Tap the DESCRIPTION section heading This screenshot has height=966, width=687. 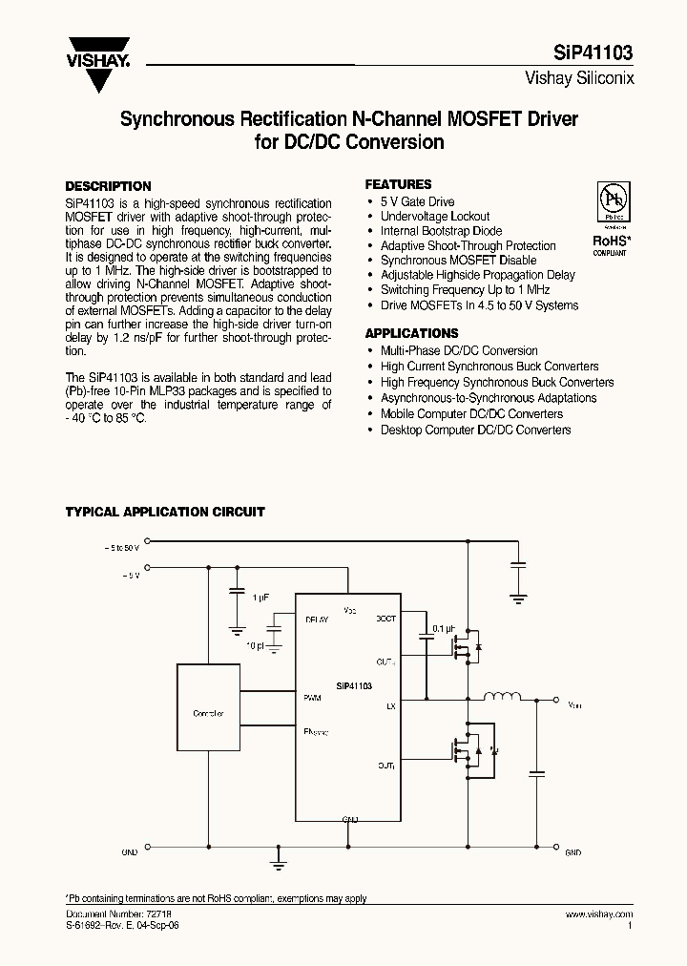108,186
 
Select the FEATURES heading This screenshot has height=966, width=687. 398,184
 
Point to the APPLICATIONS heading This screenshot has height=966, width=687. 411,333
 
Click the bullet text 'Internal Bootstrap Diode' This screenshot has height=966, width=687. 441,231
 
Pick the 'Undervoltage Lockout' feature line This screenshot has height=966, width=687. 435,217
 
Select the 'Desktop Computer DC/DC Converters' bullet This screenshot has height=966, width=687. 475,430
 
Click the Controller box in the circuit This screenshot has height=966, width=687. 209,712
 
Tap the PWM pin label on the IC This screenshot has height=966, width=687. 312,698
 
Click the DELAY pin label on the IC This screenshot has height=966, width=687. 317,619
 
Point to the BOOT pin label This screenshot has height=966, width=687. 385,619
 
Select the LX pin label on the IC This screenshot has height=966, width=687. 390,706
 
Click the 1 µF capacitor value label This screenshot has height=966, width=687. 260,597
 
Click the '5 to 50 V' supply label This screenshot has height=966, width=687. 121,548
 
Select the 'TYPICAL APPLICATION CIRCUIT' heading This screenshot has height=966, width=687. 165,513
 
